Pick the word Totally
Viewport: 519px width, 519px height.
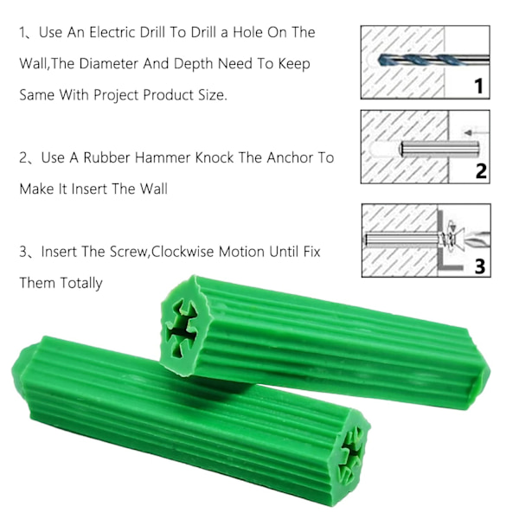point(81,284)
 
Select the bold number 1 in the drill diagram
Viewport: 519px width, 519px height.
point(478,86)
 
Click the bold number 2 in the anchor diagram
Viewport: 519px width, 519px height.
point(481,171)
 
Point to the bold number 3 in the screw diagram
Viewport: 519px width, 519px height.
point(480,266)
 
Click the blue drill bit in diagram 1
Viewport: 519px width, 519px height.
point(413,61)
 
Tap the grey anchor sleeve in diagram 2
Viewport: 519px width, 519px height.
point(439,149)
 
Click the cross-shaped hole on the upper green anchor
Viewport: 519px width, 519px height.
point(182,329)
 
